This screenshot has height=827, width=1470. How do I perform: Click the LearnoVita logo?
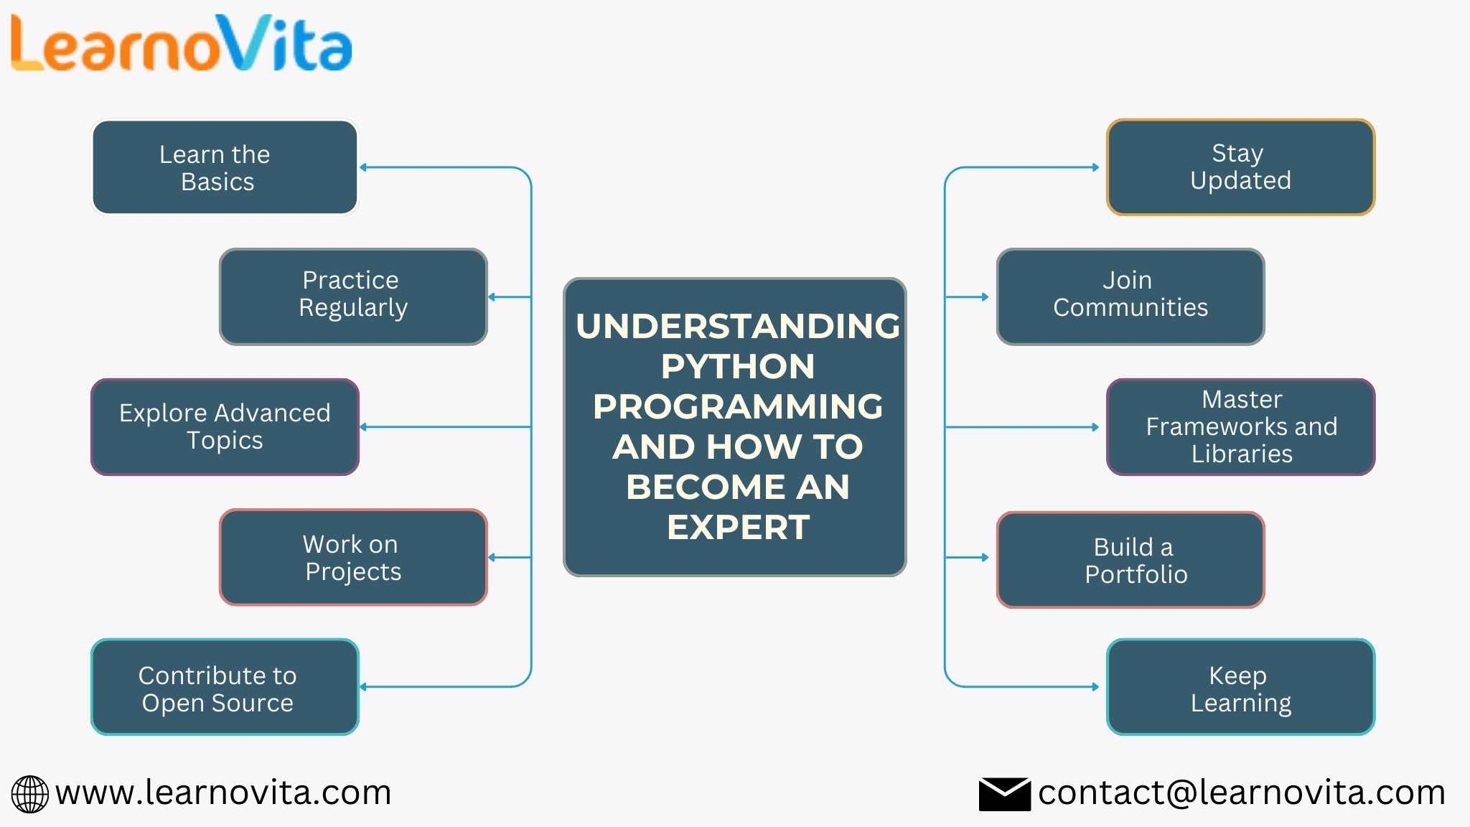[x=181, y=45]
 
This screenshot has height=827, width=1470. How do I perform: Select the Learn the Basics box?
[x=225, y=167]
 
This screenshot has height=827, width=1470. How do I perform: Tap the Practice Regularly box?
[x=353, y=296]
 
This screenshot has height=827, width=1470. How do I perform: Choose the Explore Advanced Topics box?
[x=225, y=426]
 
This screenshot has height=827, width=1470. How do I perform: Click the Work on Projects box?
[x=353, y=557]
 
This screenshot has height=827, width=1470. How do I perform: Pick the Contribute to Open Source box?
[x=225, y=687]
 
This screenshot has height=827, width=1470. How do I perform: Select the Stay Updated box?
[x=1240, y=167]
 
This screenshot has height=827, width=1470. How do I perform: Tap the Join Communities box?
[x=1130, y=296]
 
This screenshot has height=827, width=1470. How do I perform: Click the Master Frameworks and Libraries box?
[x=1240, y=426]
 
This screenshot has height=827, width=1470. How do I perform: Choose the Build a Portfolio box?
[x=1130, y=559]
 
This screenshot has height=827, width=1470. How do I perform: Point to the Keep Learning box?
[x=1240, y=687]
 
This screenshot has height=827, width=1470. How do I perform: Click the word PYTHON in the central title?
[x=737, y=367]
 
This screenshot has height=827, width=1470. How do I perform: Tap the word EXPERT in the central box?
[x=737, y=528]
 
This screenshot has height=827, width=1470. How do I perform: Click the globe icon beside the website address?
[x=30, y=794]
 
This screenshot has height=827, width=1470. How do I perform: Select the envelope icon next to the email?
[x=1004, y=794]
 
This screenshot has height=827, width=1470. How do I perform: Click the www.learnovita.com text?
[x=223, y=793]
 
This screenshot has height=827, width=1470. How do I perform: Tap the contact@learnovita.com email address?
[x=1241, y=793]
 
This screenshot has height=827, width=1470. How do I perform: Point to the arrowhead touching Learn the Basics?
[x=363, y=167]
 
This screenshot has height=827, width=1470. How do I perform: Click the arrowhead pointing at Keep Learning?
[x=1095, y=687]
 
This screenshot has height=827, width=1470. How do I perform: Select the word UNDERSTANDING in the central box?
[x=737, y=327]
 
